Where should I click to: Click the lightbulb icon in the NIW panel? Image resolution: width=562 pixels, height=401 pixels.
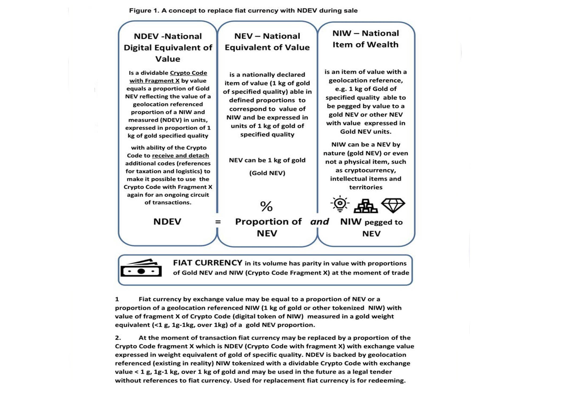[x=340, y=204]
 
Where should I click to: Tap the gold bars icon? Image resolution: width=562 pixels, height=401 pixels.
[x=366, y=206]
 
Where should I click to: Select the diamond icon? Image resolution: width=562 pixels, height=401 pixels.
[x=393, y=205]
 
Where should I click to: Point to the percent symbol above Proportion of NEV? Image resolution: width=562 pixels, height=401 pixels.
[x=266, y=206]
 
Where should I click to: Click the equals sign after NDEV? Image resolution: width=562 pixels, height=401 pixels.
[x=218, y=222]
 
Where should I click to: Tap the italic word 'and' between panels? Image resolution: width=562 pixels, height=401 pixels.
[x=320, y=222]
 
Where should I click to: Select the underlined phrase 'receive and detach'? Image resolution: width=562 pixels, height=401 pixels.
[x=180, y=156]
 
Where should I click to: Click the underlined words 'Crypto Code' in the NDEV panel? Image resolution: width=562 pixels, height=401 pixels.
[x=188, y=73]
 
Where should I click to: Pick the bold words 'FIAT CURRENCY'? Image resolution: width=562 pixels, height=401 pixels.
[x=207, y=263]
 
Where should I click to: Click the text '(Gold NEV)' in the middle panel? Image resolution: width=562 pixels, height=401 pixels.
[x=267, y=173]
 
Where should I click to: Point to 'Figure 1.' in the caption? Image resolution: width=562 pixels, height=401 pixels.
[x=144, y=11]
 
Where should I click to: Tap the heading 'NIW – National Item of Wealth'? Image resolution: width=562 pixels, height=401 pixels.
[x=366, y=39]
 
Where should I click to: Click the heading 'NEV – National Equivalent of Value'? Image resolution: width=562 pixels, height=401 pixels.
[x=267, y=42]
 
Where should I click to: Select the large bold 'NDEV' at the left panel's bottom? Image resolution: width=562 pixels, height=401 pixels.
[x=167, y=222]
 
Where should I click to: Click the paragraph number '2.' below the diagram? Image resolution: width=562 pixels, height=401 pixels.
[x=118, y=338]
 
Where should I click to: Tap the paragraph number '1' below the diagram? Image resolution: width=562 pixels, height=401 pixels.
[x=117, y=299]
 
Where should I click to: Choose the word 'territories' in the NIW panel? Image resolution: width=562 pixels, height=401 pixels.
[x=366, y=187]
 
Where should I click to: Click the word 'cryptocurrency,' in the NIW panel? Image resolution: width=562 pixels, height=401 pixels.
[x=366, y=170]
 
